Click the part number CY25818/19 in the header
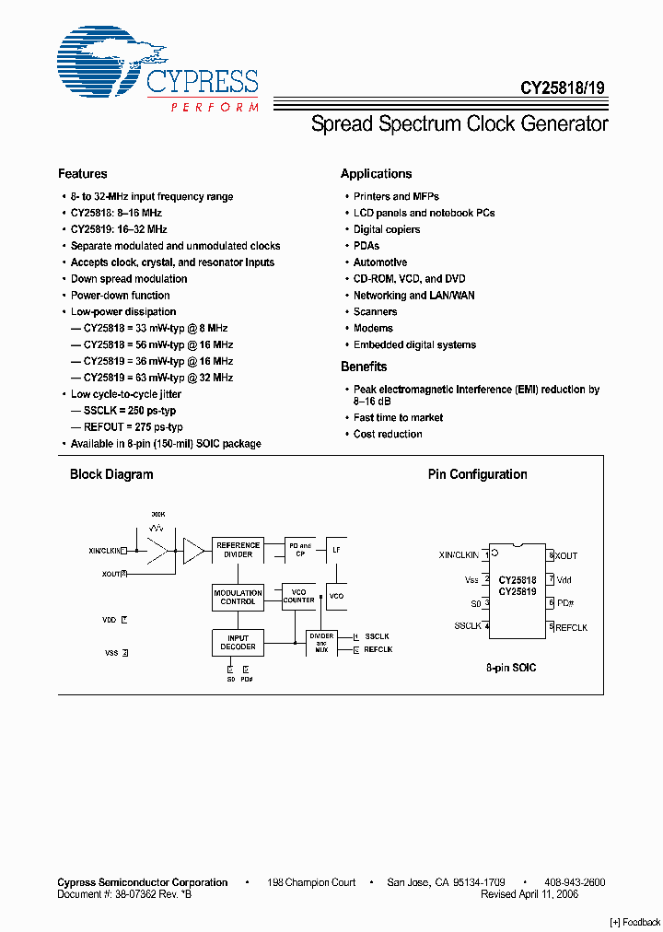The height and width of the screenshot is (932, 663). [562, 89]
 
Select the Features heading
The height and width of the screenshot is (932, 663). [82, 174]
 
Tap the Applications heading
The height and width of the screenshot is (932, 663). [376, 174]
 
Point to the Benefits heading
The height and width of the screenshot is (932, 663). [364, 367]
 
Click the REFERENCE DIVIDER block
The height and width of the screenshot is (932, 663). [238, 550]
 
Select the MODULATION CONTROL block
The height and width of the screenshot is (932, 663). [238, 597]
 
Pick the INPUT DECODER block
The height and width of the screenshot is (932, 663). [238, 641]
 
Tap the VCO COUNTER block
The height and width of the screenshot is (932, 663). [298, 596]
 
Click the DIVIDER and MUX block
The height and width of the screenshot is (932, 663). [321, 642]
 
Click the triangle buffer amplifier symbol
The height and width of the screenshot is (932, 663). [193, 551]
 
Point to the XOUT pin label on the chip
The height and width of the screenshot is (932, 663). [566, 556]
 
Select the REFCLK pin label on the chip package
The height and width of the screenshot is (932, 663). [571, 627]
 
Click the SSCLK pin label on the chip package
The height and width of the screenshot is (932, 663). [467, 626]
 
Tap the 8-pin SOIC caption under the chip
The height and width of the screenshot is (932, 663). [511, 667]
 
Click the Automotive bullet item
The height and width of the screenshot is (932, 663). [380, 262]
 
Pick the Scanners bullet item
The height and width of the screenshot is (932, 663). [376, 312]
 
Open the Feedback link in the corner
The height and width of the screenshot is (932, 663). [635, 922]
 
